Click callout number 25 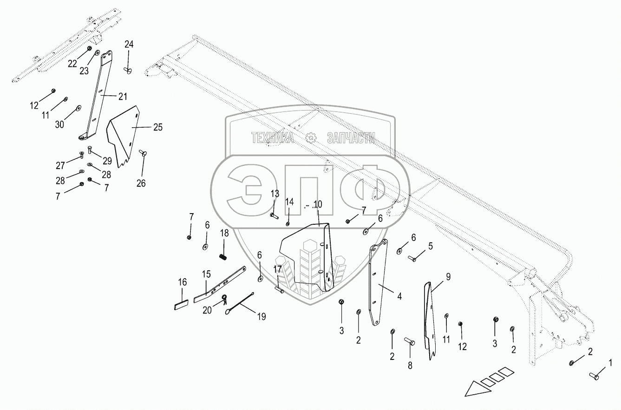158,127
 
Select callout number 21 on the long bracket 122,97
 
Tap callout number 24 129,45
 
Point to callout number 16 183,282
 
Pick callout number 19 261,317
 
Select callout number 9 448,277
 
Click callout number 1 610,361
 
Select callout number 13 275,193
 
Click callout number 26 141,183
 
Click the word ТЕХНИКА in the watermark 273,137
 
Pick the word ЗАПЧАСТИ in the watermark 351,137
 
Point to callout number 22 72,64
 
